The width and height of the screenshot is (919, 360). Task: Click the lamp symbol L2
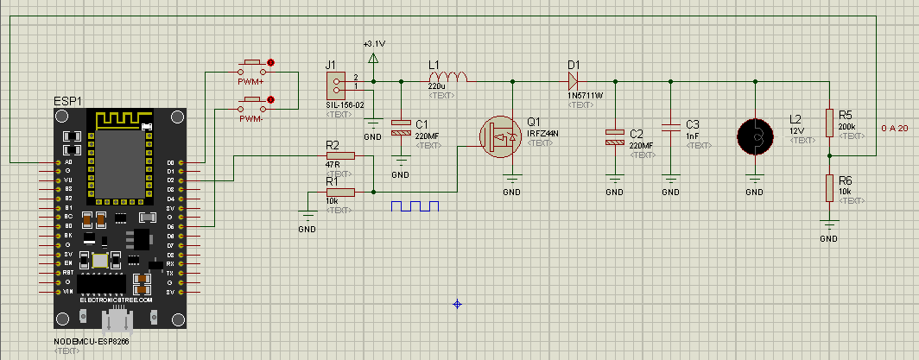point(755,136)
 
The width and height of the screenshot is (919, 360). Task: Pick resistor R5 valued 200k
point(830,123)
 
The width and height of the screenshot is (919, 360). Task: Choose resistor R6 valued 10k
point(830,187)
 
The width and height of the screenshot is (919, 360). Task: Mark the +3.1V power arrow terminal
point(373,58)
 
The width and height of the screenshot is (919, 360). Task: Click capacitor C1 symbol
point(401,129)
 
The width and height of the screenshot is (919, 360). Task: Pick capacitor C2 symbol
point(614,136)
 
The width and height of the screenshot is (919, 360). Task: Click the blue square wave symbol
point(415,206)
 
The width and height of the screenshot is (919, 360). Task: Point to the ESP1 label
point(68,101)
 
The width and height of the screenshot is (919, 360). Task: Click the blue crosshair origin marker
point(458,303)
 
